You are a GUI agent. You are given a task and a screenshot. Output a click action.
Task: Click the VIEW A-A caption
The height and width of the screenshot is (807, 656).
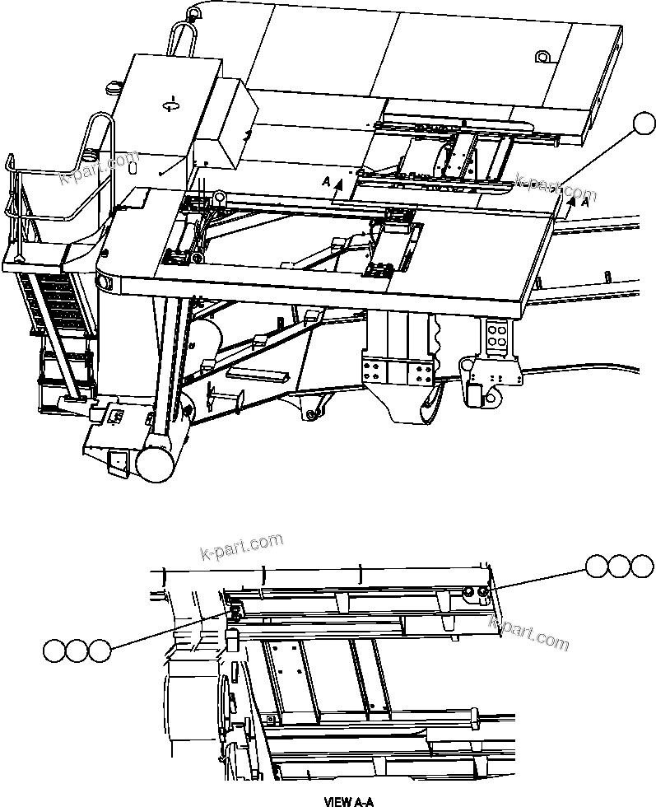point(349,800)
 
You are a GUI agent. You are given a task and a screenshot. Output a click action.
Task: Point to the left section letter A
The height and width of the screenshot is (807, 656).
point(327,180)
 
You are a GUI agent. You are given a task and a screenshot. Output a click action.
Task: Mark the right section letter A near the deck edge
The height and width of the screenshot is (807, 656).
point(584,200)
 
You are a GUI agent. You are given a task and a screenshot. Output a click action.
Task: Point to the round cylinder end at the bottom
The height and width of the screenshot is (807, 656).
point(154,464)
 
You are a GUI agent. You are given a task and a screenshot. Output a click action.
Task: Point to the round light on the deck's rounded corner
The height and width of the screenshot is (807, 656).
point(105,282)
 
